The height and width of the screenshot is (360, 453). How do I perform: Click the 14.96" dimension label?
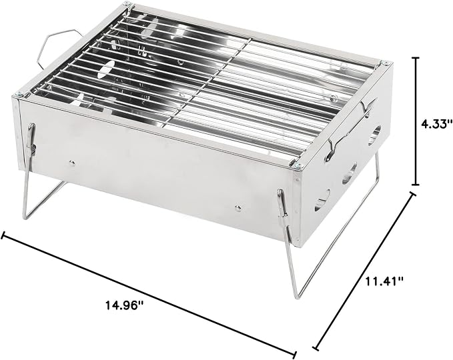point(124,305)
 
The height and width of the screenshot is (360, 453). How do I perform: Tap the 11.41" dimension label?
point(384,281)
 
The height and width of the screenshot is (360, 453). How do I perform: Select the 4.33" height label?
point(436,125)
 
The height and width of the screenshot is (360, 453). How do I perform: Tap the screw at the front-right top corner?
point(298,165)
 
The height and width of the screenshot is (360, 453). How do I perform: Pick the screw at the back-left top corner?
point(127,4)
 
